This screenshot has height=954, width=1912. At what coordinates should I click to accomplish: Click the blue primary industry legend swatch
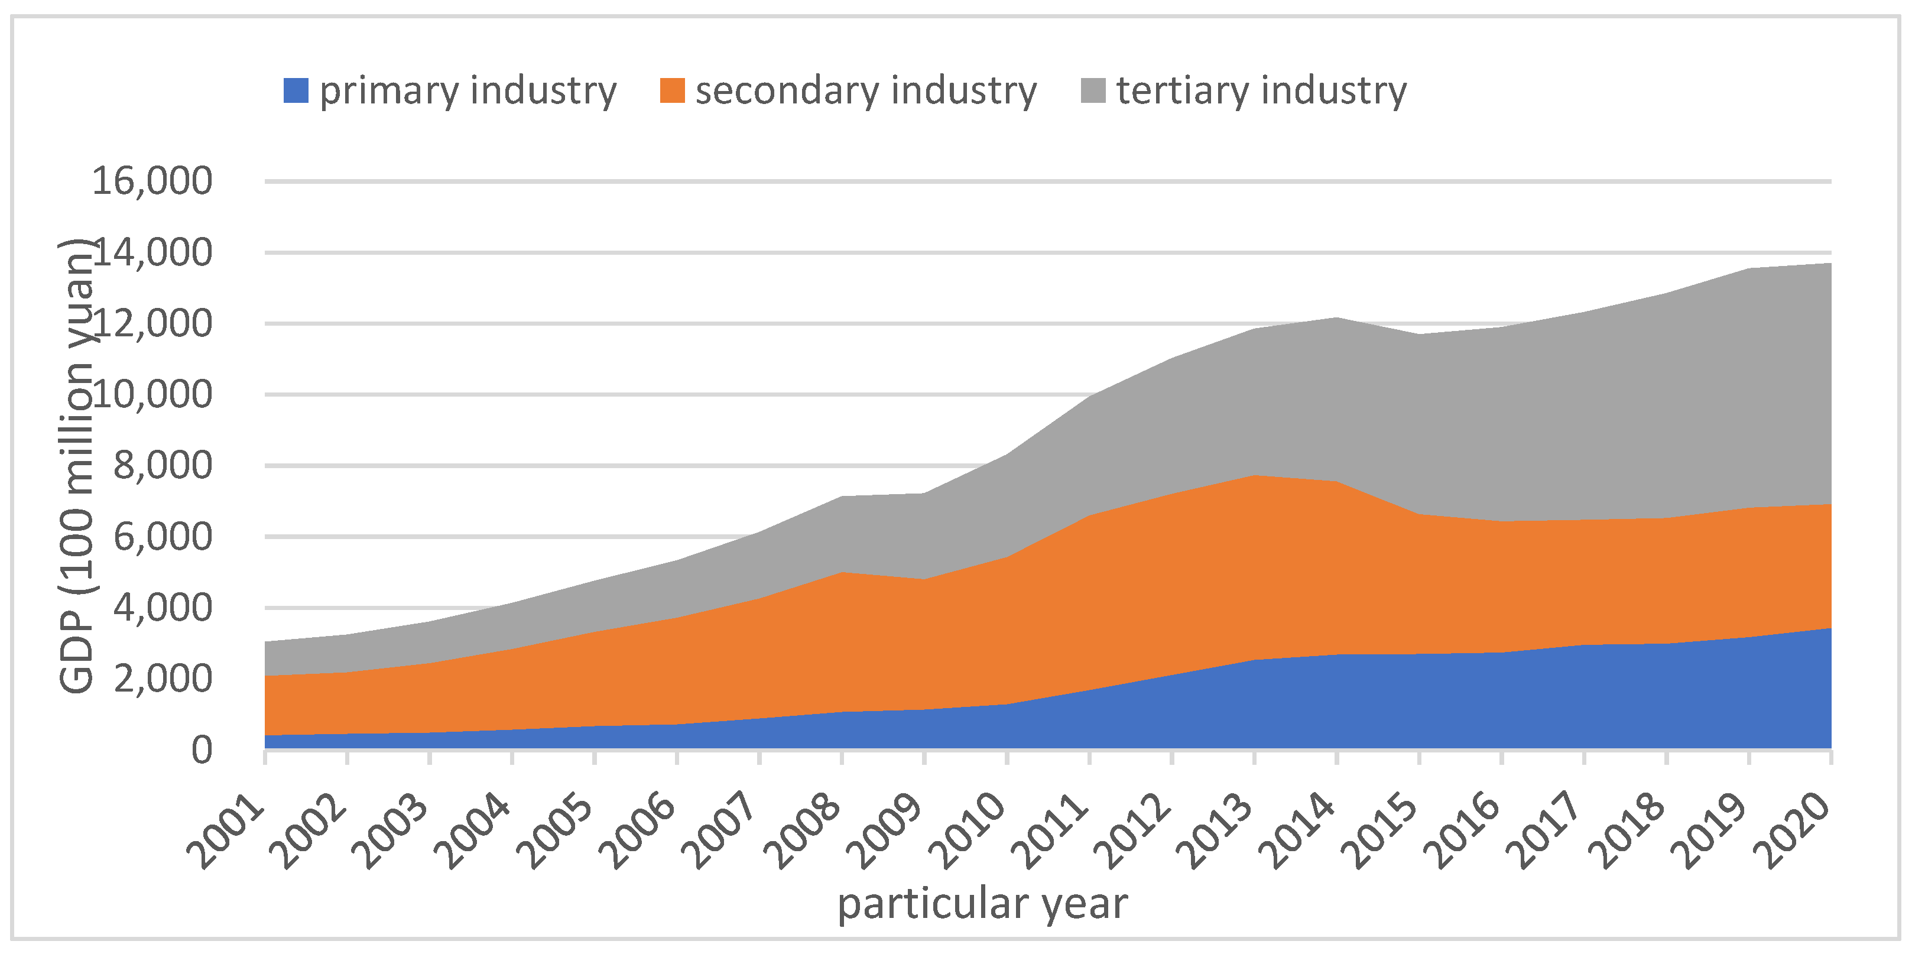pyautogui.click(x=296, y=90)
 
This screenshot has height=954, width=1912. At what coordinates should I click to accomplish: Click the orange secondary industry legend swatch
pyautogui.click(x=672, y=90)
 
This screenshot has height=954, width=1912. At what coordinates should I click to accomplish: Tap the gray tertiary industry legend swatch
pyautogui.click(x=1093, y=90)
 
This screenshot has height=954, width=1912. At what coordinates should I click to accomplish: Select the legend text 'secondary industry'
pyautogui.click(x=865, y=90)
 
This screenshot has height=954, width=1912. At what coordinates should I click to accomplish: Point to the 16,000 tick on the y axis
pyautogui.click(x=151, y=180)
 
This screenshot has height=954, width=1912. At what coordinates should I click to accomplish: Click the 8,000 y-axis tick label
pyautogui.click(x=162, y=466)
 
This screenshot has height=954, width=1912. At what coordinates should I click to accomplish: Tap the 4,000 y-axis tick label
pyautogui.click(x=162, y=608)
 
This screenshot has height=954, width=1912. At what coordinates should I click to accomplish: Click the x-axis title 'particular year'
pyautogui.click(x=982, y=904)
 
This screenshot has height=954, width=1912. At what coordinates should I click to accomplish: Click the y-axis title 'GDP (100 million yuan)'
pyautogui.click(x=76, y=466)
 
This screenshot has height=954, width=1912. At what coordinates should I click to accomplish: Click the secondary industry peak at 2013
pyautogui.click(x=1254, y=475)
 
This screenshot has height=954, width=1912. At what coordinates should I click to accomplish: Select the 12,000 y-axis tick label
pyautogui.click(x=151, y=323)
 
